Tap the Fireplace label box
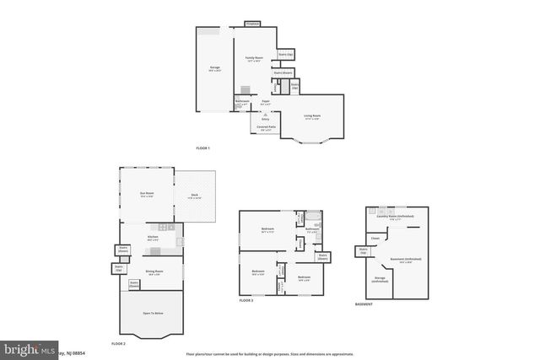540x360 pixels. (x=251, y=24)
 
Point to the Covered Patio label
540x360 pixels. (x=267, y=128)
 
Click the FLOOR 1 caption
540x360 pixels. (x=202, y=148)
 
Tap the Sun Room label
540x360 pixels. (x=147, y=193)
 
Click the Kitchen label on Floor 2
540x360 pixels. (x=152, y=238)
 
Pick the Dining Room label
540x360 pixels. (x=154, y=272)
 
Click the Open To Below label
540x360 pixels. (x=152, y=313)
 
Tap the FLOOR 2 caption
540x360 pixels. (x=119, y=344)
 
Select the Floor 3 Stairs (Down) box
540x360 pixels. (x=321, y=256)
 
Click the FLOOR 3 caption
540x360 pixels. (x=246, y=300)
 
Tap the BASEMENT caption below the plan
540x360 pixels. (x=364, y=304)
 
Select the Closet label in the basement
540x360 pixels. (x=375, y=239)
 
